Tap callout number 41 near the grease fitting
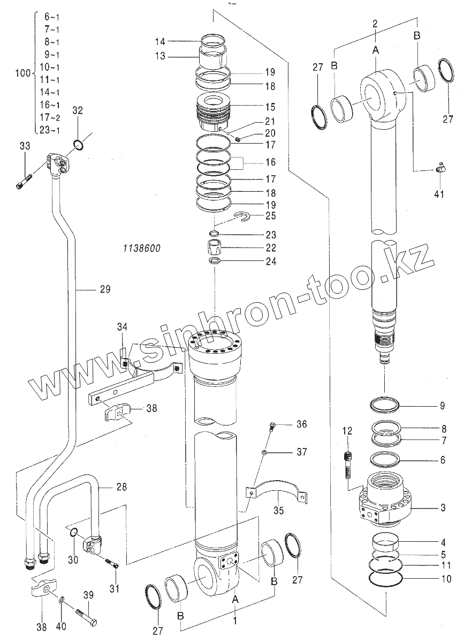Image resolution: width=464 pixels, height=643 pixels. tap(439, 195)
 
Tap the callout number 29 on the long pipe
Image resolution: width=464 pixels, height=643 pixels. tap(104, 289)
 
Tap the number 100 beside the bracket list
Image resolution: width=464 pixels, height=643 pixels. tap(22, 73)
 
